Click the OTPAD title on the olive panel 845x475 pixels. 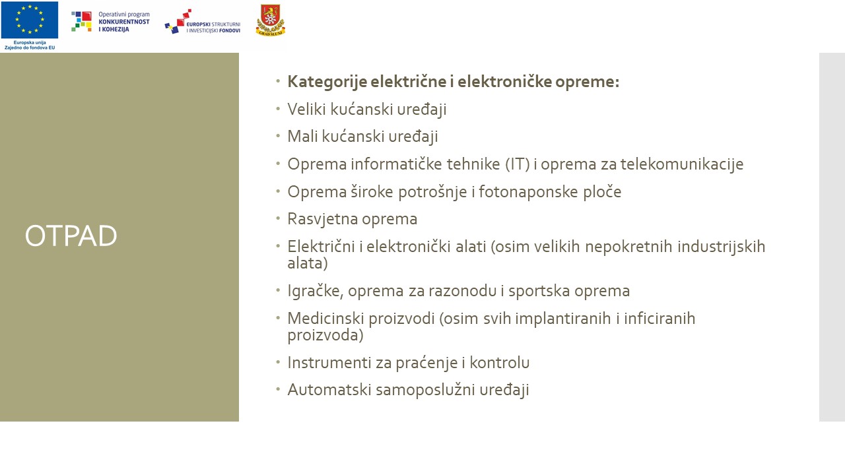[71, 236]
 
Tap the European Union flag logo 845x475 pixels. [30, 20]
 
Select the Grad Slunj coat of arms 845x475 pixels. [271, 20]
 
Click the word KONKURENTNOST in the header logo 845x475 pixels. [124, 22]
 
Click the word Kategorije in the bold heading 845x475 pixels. [327, 82]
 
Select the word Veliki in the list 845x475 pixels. [306, 109]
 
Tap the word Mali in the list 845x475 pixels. [302, 136]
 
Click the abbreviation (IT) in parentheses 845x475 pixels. [518, 164]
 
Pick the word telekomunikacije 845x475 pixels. [682, 164]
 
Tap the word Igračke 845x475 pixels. [316, 291]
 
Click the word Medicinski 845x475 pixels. [325, 318]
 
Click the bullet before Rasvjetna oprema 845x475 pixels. [278, 218]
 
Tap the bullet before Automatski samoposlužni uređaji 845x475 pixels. [278, 389]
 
